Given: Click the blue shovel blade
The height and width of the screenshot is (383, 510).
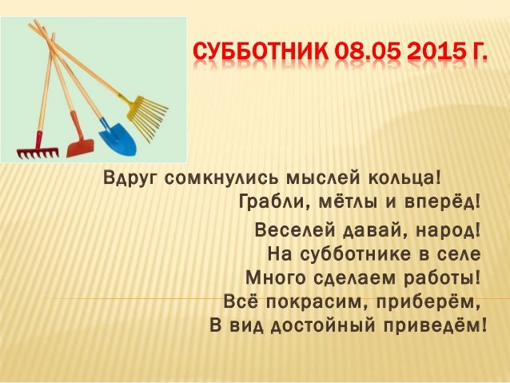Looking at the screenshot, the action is (118, 139).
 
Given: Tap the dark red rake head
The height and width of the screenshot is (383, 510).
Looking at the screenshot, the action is (38, 153).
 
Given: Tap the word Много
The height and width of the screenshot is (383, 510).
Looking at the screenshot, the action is (276, 278).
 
